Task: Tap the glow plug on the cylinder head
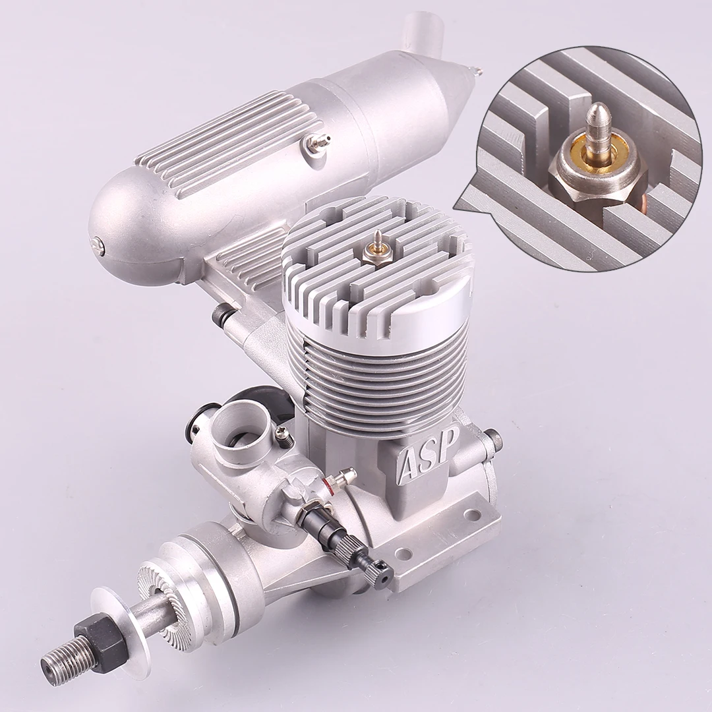point(378,248)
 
